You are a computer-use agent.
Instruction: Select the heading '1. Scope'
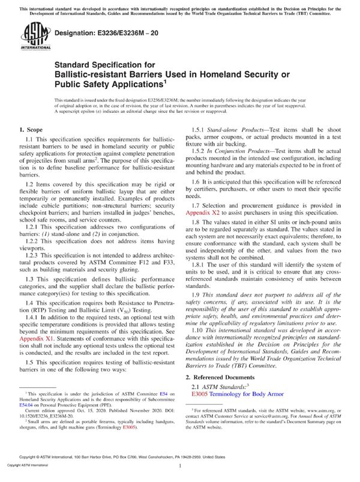point(31,130)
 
